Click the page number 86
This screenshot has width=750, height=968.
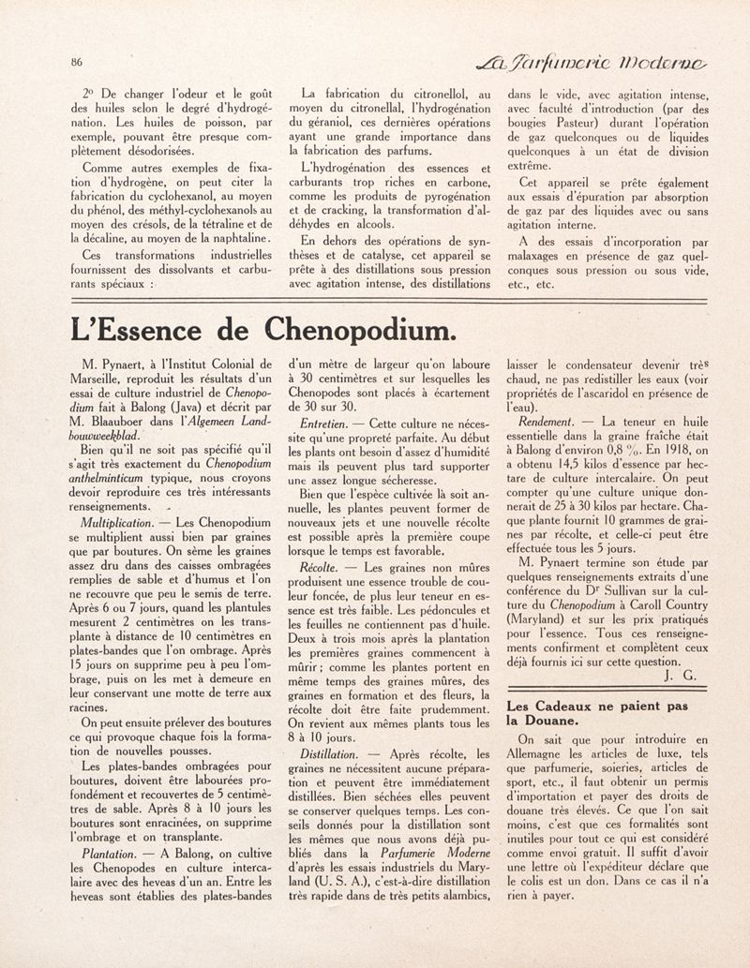(x=76, y=62)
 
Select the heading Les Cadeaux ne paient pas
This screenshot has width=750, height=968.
(x=597, y=705)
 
